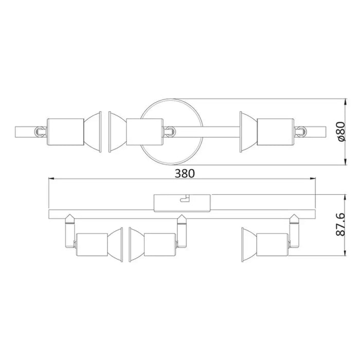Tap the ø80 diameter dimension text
(x=338, y=132)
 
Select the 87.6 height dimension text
(x=338, y=225)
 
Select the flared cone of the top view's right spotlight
(x=247, y=131)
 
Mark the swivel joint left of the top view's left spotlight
(x=39, y=131)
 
